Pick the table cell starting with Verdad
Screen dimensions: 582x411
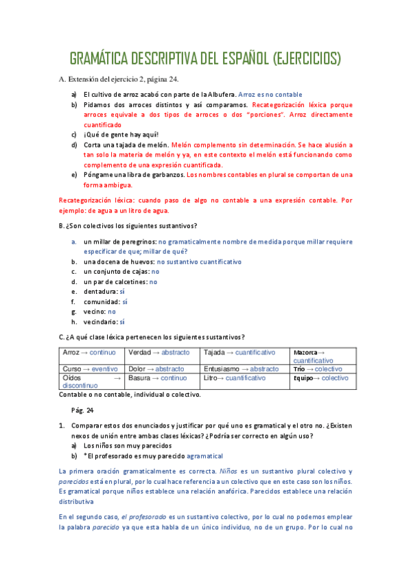pos(162,352)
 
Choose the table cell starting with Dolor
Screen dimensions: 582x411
pos(162,369)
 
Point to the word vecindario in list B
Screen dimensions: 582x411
pos(100,321)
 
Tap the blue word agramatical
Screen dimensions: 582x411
pos(205,455)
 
